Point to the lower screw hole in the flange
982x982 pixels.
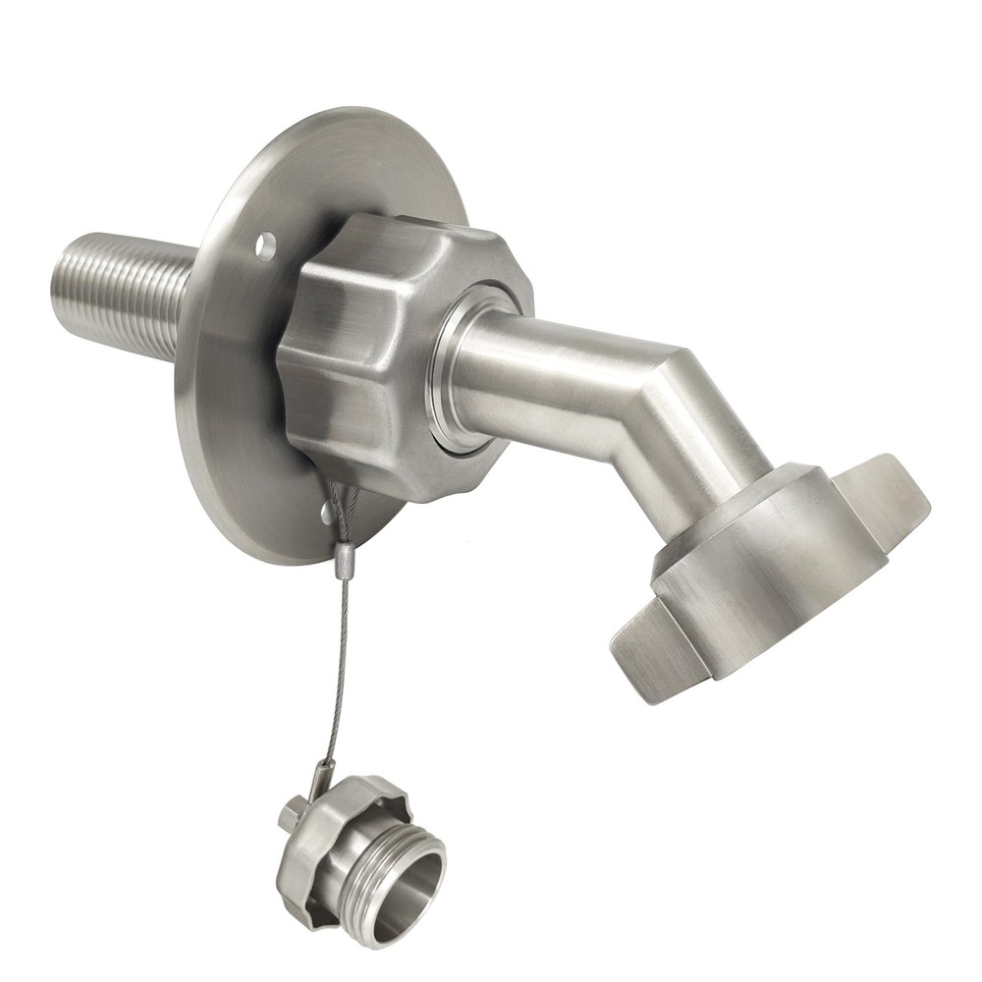point(326,512)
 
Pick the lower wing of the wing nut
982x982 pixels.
point(653,653)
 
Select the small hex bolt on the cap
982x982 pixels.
point(289,815)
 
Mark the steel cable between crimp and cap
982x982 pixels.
point(337,668)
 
